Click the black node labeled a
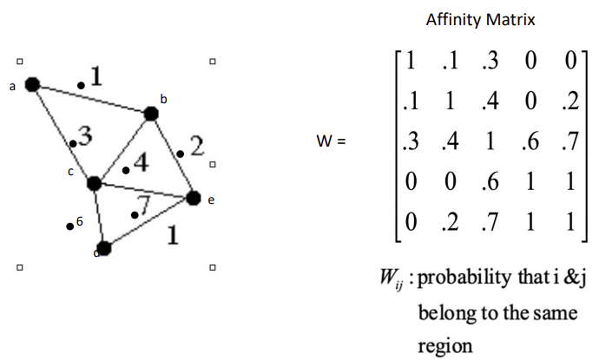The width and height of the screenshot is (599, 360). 33,84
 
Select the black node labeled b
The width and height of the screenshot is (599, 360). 151,113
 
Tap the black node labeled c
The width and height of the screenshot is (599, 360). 95,183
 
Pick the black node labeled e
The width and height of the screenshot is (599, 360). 193,198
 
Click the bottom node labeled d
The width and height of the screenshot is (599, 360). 103,249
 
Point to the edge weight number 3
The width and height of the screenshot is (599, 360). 84,135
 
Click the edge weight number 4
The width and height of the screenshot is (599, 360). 140,162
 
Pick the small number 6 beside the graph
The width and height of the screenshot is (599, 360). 79,222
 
